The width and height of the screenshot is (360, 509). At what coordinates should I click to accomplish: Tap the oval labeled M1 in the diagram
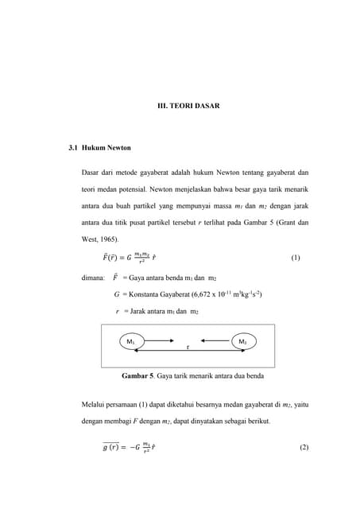click(x=131, y=341)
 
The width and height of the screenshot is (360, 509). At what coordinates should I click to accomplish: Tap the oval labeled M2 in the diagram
click(x=242, y=341)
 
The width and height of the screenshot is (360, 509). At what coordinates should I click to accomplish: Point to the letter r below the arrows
click(x=188, y=348)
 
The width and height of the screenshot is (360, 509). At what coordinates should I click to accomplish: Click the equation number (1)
click(x=296, y=258)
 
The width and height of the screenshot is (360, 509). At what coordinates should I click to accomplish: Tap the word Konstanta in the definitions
click(x=143, y=294)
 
